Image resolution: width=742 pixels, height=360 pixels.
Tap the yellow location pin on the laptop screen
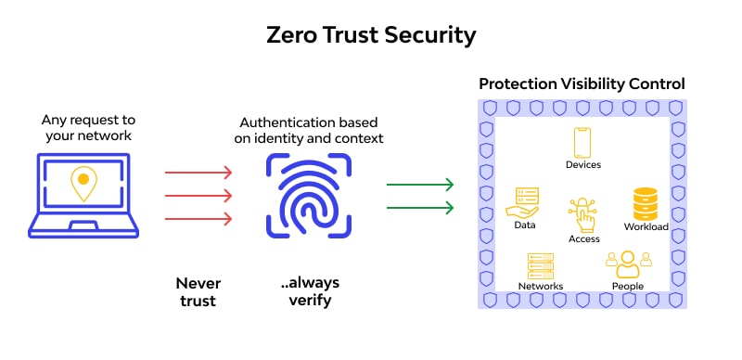point(83,182)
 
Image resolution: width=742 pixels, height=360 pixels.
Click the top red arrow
point(198,172)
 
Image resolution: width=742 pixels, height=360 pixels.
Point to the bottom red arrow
point(198,219)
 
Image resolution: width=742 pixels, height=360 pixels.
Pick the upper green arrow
point(419,184)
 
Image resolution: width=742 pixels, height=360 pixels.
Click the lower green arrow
point(419,206)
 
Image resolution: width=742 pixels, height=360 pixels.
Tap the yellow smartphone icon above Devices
point(582,142)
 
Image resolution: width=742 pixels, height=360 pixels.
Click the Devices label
point(582,164)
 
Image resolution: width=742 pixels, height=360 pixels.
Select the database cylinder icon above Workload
point(646,203)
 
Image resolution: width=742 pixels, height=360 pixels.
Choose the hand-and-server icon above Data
point(525,202)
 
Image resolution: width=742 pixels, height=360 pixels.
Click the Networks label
point(540,287)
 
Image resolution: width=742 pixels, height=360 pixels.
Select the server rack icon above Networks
point(540,265)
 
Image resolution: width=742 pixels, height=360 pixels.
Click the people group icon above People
point(624,264)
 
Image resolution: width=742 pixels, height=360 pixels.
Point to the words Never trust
point(197,291)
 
